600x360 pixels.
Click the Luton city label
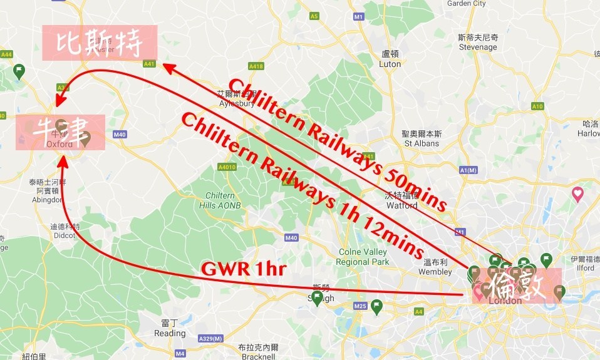click(x=390, y=64)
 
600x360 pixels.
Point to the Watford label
click(x=401, y=205)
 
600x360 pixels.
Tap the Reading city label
click(x=170, y=334)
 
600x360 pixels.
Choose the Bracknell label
click(x=257, y=357)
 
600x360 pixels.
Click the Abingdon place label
click(x=48, y=200)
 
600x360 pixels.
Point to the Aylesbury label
click(x=235, y=104)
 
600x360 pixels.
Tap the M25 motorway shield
click(x=359, y=306)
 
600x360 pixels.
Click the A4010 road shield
click(x=227, y=167)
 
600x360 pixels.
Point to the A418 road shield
click(x=256, y=66)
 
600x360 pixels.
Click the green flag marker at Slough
click(x=317, y=298)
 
